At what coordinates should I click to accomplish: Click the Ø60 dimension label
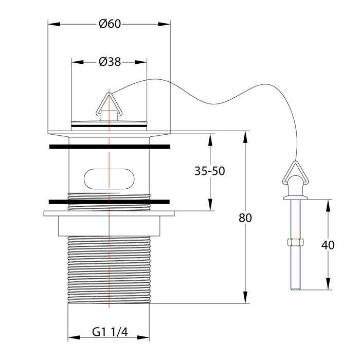point(110,24)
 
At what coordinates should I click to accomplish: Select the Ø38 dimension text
point(110,62)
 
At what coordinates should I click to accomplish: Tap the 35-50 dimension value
point(210,171)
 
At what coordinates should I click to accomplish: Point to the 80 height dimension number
point(245,218)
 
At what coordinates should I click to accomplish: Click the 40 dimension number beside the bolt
point(328,245)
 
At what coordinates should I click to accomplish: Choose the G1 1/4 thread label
point(110,332)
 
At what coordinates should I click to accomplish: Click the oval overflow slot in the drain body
point(109,179)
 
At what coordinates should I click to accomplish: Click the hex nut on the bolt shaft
point(296,242)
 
